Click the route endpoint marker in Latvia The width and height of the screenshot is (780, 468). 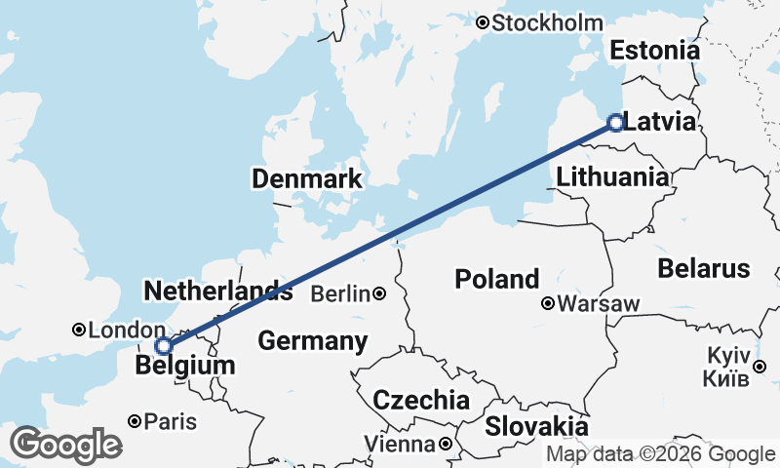point(615,122)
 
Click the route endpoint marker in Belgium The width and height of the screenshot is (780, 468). point(164,345)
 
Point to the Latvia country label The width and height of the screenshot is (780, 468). point(660,123)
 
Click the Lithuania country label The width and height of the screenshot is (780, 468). point(613,177)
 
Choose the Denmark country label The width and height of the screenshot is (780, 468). point(307,179)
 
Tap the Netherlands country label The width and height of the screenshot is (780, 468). point(217,291)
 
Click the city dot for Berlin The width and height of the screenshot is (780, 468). point(378,293)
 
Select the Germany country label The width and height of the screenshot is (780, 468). point(313,341)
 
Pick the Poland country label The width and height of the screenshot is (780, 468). point(497,280)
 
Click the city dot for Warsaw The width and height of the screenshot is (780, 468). point(549,304)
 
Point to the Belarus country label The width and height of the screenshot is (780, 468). point(704,268)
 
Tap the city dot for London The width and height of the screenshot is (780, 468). point(79,331)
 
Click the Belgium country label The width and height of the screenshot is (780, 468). point(186,367)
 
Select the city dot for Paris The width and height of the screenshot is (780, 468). point(135,422)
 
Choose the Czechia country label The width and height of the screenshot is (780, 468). point(422,400)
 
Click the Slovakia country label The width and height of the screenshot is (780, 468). point(537,426)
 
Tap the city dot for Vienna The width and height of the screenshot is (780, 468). point(445,445)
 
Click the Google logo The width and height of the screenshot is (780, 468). point(65,445)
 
